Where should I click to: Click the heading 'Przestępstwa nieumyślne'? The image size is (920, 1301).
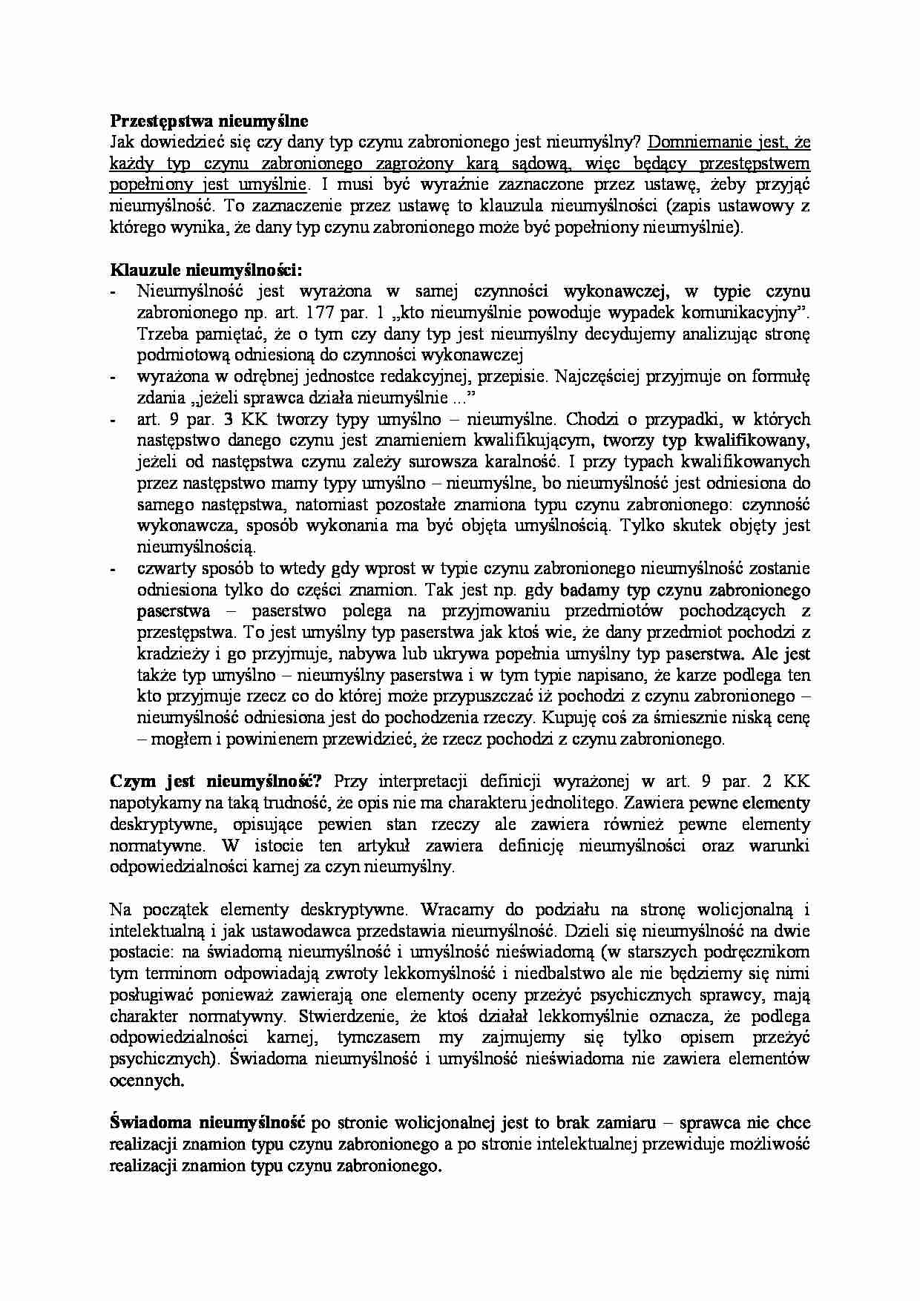(x=208, y=120)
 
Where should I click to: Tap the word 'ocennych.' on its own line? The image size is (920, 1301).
(x=146, y=1080)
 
